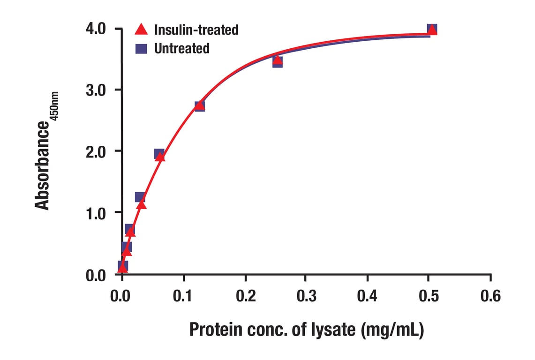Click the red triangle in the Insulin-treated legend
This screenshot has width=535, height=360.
141,30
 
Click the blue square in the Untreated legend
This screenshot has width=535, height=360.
141,48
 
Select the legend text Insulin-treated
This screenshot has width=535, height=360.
196,30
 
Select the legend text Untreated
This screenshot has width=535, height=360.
181,48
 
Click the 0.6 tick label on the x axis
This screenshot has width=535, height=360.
490,296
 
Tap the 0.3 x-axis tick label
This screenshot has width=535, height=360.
306,296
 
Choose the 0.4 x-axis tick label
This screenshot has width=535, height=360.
367,296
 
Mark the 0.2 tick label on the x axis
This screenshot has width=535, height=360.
244,296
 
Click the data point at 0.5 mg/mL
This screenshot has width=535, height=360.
432,30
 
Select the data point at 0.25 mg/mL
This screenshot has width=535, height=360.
277,61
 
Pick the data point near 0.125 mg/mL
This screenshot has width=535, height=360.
200,105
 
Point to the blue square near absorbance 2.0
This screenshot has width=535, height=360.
159,154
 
